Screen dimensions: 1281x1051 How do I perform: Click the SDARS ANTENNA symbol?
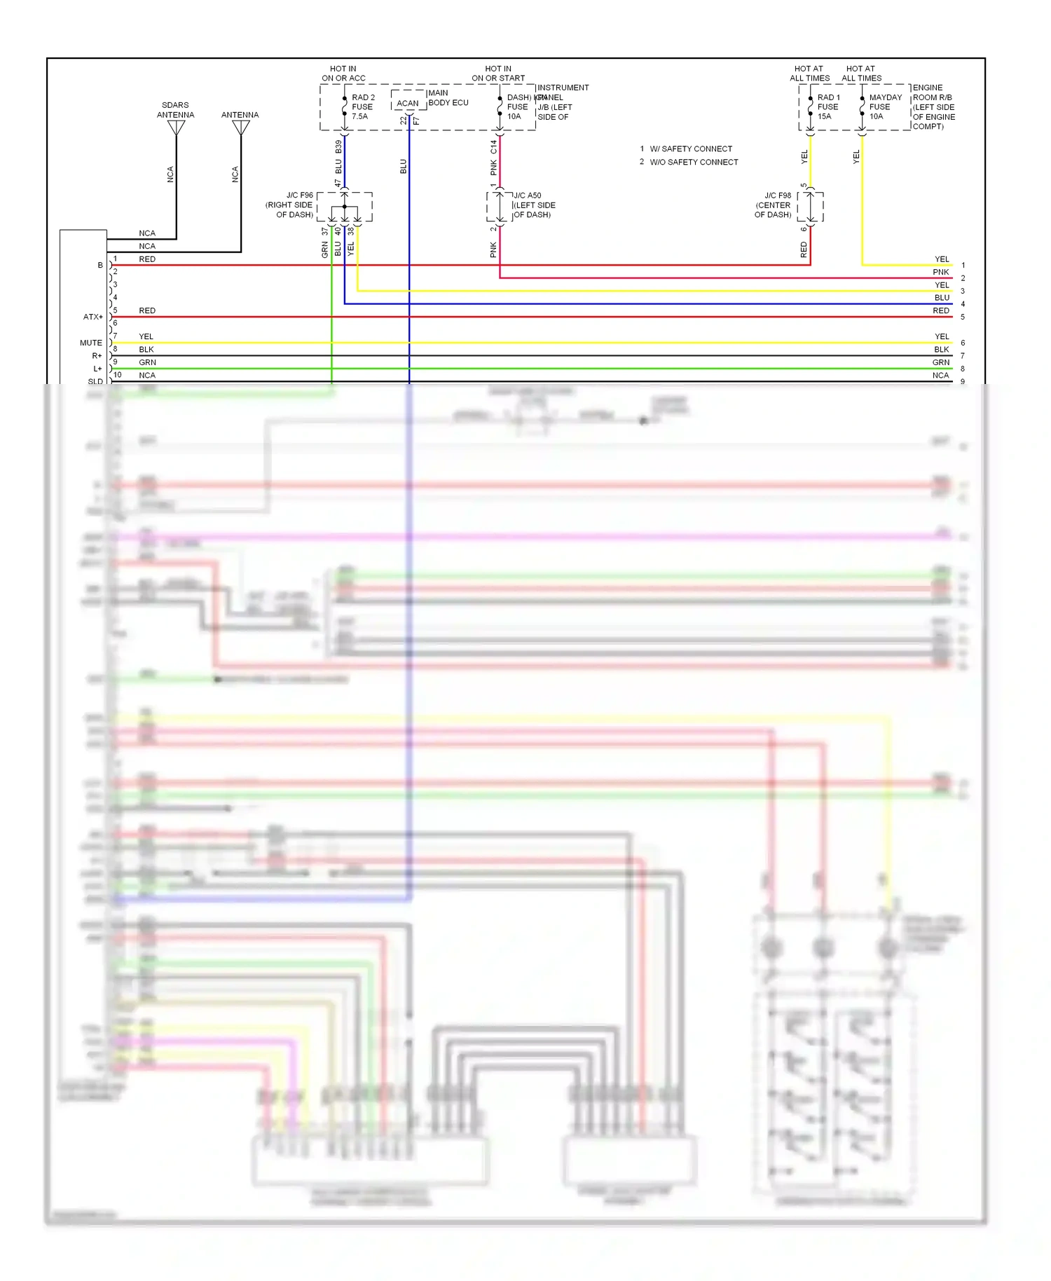coord(177,128)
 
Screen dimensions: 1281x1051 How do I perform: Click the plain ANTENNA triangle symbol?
coord(241,128)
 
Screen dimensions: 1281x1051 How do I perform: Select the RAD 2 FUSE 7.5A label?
coord(362,107)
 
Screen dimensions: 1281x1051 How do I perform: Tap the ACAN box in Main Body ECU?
coord(408,103)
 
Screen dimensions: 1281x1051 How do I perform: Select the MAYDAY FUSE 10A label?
coord(884,107)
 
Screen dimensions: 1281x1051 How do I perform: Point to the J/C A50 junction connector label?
coord(534,205)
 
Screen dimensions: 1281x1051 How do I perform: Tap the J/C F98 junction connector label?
coord(774,205)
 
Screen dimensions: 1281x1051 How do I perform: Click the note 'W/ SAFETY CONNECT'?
coord(690,149)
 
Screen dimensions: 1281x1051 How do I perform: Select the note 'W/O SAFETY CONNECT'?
coord(694,162)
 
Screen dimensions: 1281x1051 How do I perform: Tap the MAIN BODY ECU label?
coord(448,97)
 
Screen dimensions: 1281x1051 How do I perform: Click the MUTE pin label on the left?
coord(90,343)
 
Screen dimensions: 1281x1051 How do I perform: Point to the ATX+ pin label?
coord(92,317)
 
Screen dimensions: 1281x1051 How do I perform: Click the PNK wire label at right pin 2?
coord(940,272)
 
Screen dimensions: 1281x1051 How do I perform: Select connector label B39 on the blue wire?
coord(338,146)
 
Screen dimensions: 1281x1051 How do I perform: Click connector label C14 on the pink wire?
coord(493,146)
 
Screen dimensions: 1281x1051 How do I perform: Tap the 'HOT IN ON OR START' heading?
coord(497,74)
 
